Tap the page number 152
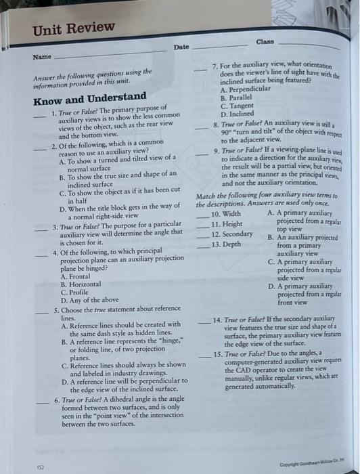click(41, 466)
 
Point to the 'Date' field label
click(181, 47)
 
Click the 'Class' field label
click(265, 41)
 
